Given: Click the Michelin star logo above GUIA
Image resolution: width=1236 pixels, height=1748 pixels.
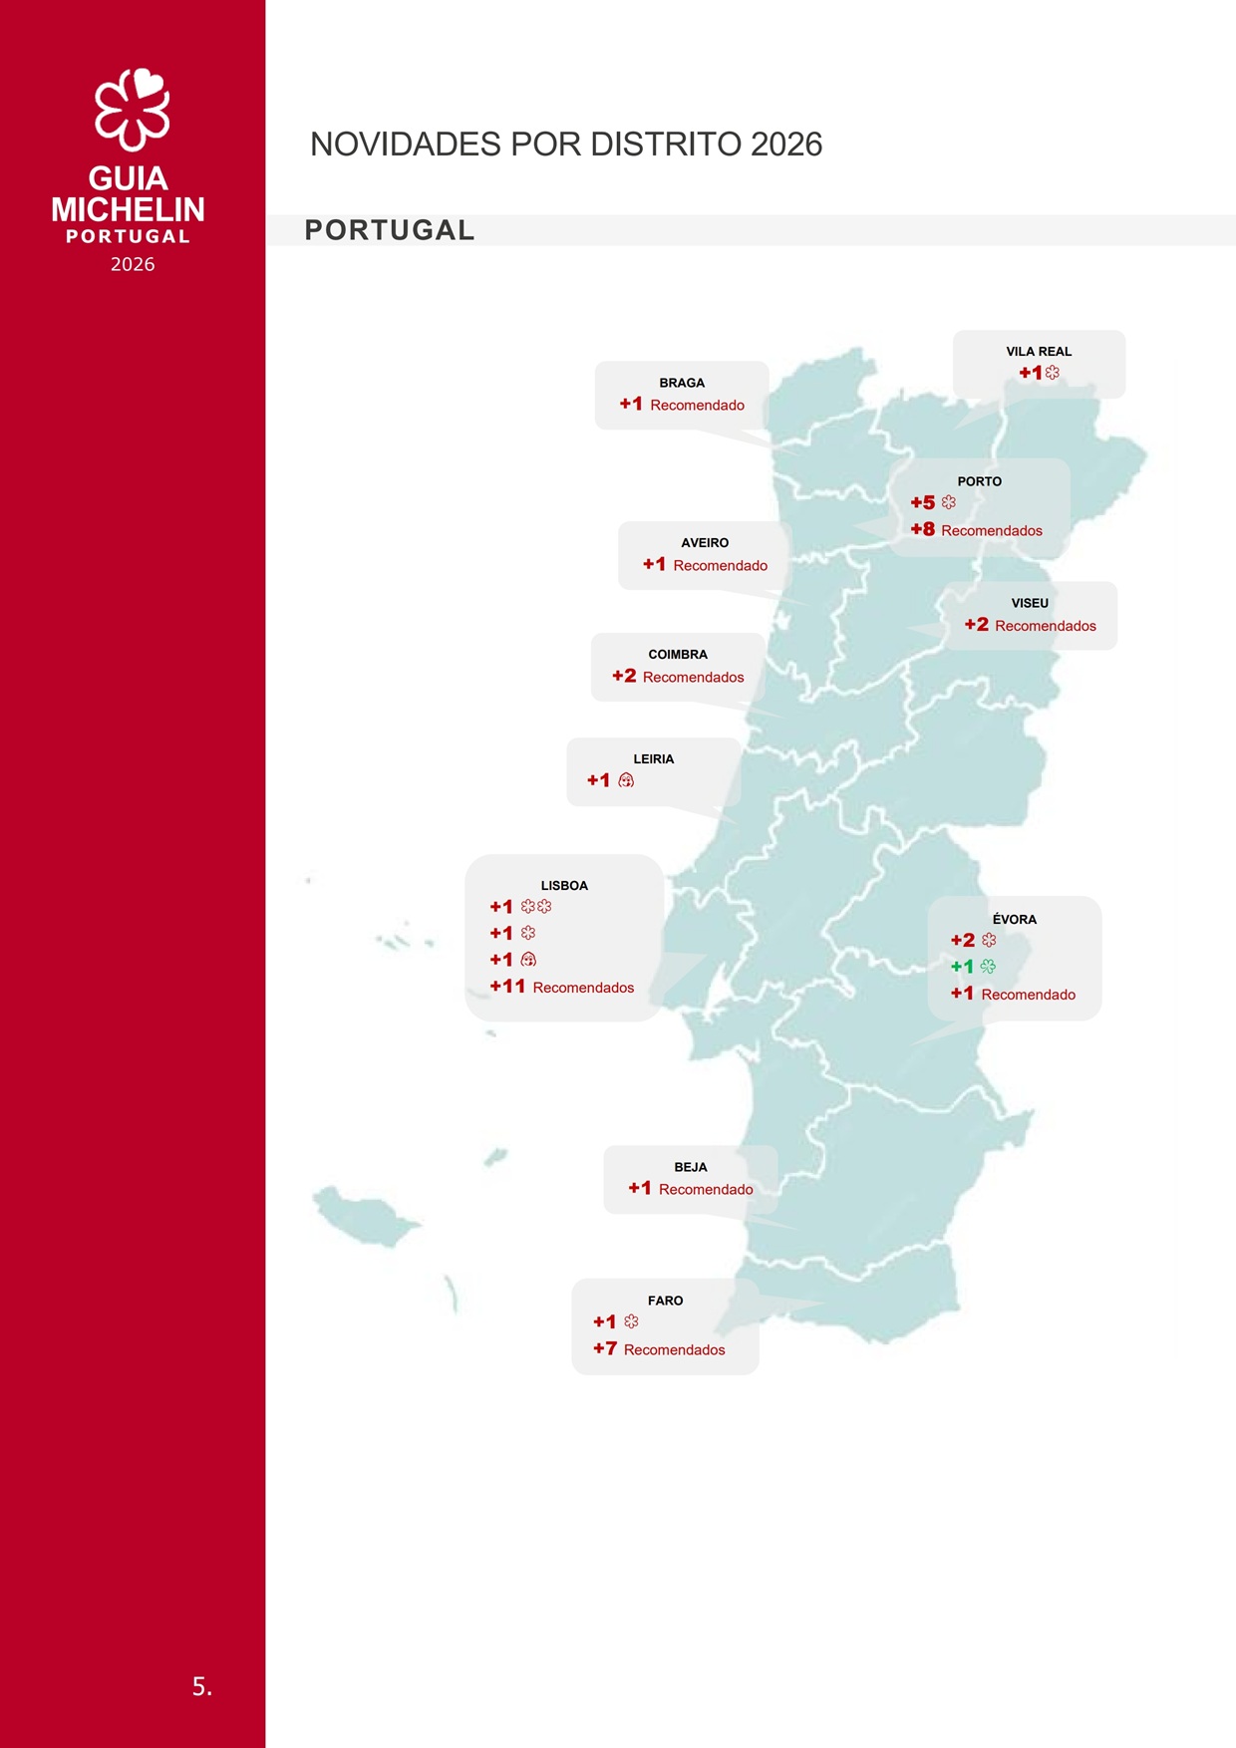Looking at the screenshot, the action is pyautogui.click(x=133, y=109).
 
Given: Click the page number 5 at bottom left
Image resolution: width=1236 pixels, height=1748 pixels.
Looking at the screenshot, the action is pyautogui.click(x=201, y=1686).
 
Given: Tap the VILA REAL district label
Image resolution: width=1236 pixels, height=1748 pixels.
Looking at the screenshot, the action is pyautogui.click(x=1039, y=352).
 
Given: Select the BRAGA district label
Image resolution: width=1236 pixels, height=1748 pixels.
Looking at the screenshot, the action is pyautogui.click(x=682, y=383).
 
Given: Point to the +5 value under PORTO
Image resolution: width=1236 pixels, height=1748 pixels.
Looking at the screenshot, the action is pyautogui.click(x=923, y=503).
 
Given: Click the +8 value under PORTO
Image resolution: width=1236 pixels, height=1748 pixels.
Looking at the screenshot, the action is pyautogui.click(x=923, y=530).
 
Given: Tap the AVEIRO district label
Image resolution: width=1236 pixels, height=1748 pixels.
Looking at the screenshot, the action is pyautogui.click(x=705, y=543).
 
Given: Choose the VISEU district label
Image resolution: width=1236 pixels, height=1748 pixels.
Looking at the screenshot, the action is pyautogui.click(x=1030, y=603).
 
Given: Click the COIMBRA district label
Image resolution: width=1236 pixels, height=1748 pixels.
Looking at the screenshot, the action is pyautogui.click(x=678, y=655).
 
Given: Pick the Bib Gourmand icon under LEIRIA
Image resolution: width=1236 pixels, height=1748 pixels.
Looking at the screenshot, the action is pyautogui.click(x=626, y=780).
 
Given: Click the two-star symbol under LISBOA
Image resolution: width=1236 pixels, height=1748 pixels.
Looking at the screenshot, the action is pyautogui.click(x=536, y=907).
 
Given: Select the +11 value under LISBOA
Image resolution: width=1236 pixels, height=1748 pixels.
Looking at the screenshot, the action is pyautogui.click(x=507, y=987).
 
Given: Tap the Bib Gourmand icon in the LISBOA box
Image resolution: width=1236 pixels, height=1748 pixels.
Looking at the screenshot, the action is pyautogui.click(x=528, y=960).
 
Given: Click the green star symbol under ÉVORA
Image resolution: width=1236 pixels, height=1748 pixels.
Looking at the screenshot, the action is pyautogui.click(x=988, y=967).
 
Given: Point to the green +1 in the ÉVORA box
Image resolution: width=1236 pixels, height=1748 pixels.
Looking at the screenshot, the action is pyautogui.click(x=962, y=967).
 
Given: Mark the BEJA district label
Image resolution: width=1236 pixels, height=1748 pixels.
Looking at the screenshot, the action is pyautogui.click(x=691, y=1167).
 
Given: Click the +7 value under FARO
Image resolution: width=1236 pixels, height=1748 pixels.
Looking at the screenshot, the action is pyautogui.click(x=605, y=1349).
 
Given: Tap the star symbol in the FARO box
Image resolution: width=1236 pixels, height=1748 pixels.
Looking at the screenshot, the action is pyautogui.click(x=631, y=1321).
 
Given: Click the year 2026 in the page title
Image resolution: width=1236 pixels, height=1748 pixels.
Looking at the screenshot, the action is pyautogui.click(x=786, y=145).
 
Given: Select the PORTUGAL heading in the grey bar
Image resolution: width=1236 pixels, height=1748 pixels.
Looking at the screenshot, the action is pyautogui.click(x=390, y=230).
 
